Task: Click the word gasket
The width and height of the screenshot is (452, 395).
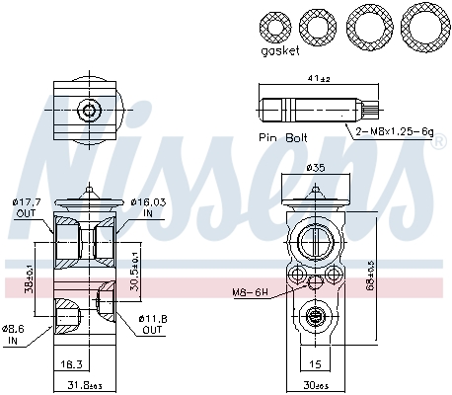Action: coord(280,52)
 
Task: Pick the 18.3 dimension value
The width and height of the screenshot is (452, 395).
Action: coord(69,364)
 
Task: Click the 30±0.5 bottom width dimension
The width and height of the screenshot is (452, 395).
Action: coord(316,384)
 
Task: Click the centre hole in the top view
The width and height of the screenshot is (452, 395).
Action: coord(90,110)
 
